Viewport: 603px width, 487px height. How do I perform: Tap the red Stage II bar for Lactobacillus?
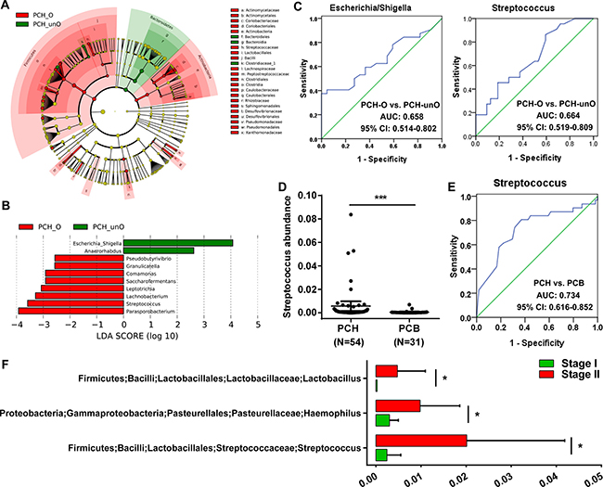point(387,370)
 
